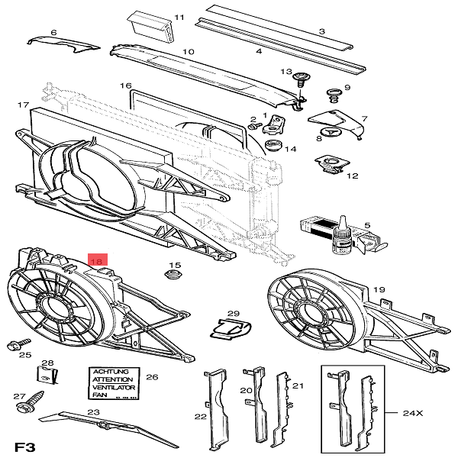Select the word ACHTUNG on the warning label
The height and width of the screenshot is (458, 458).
click(112, 371)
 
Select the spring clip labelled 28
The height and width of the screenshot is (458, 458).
click(47, 376)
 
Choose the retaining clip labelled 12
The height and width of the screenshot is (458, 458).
click(329, 164)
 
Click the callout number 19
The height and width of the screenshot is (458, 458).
click(379, 290)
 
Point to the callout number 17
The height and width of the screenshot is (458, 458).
click(23, 105)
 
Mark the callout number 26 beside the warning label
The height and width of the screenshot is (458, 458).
click(151, 377)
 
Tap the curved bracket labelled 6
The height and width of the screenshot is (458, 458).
click(63, 43)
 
